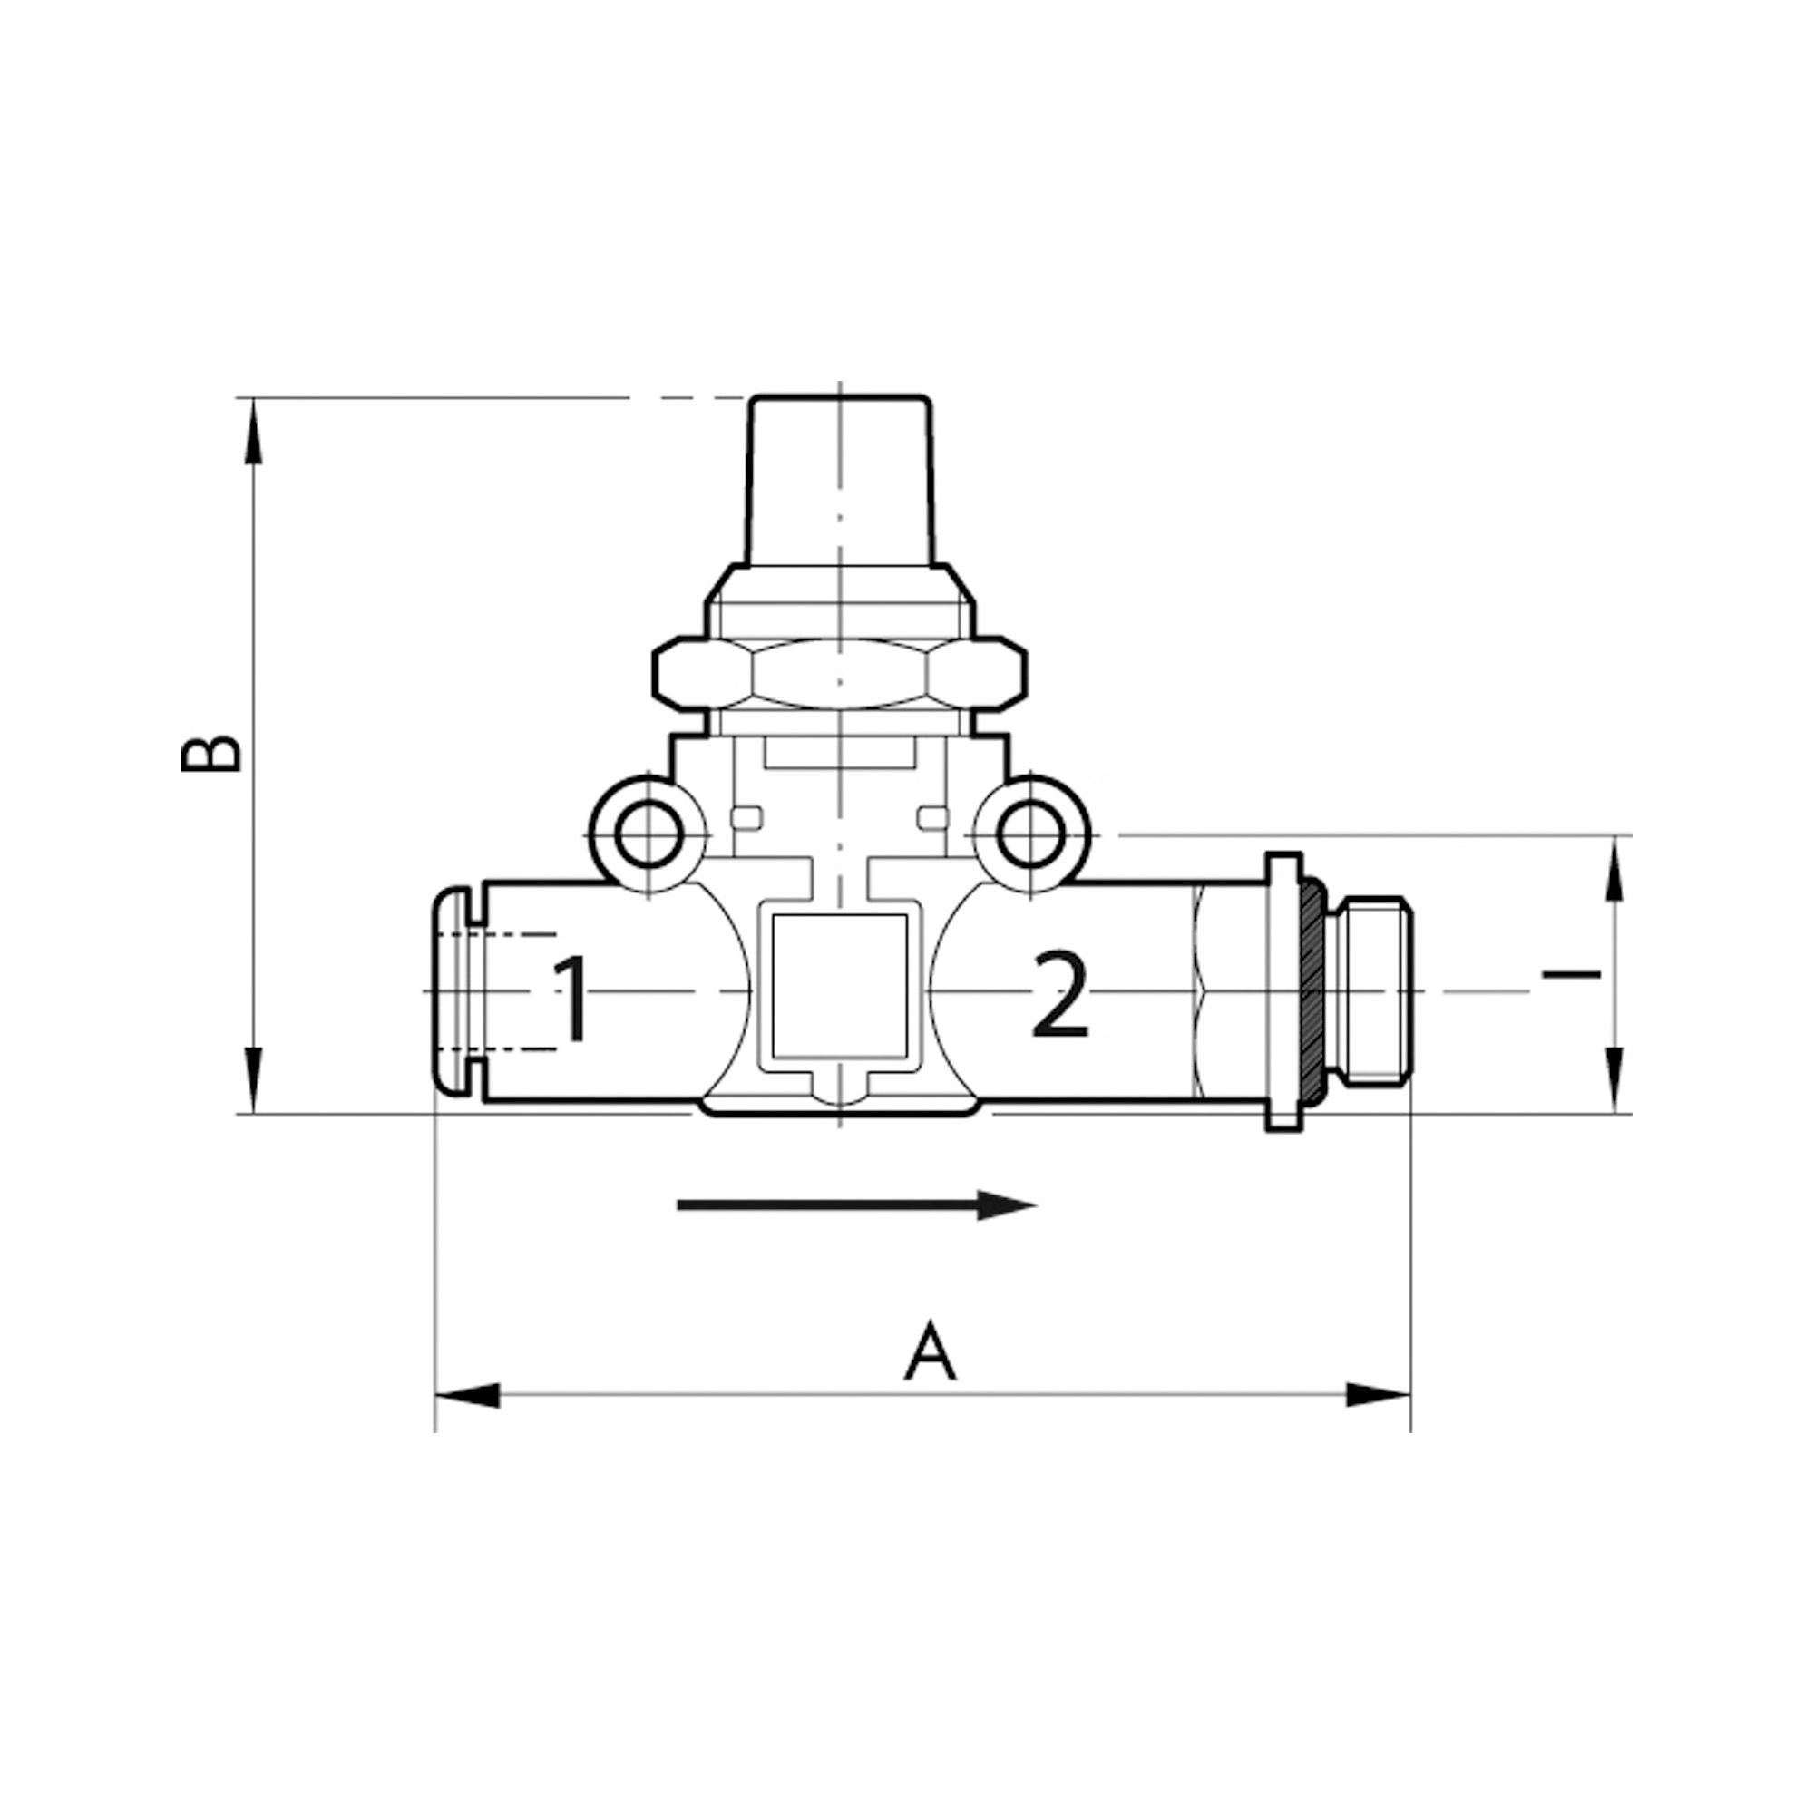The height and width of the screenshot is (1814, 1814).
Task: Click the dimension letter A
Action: [930, 1353]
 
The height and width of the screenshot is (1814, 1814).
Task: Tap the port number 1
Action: [571, 999]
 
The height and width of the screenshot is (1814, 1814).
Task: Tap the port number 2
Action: [1059, 995]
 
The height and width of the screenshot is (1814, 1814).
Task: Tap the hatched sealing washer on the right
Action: [1312, 990]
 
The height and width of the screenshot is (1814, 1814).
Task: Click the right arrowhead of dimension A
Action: [1379, 1421]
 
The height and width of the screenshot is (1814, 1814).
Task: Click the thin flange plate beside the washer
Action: [1282, 990]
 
